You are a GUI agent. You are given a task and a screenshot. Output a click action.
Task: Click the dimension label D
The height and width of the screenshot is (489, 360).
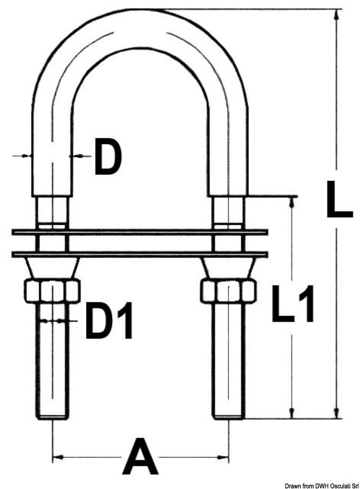pos(108,157)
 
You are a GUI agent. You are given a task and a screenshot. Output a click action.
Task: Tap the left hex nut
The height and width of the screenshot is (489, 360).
pos(52,291)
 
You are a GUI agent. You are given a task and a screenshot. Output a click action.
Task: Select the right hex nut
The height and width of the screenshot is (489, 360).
pos(229,291)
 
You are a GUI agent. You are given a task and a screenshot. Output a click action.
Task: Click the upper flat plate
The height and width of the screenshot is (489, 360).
pos(139,232)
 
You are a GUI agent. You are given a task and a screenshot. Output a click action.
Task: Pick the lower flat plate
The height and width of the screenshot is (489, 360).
pos(139,253)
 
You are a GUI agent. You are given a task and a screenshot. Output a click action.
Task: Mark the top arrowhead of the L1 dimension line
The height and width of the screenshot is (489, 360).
pos(292,202)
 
